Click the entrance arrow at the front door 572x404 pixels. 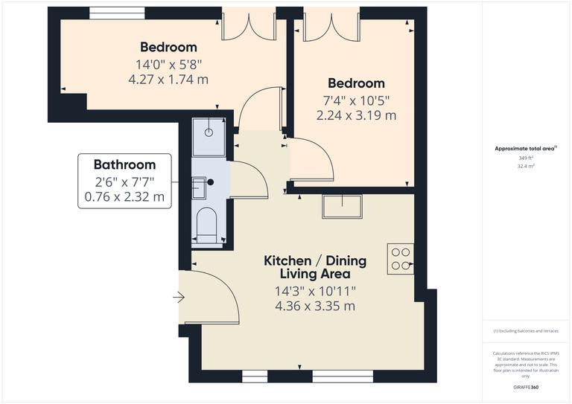179,298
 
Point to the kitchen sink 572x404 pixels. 342,206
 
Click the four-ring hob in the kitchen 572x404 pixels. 400,257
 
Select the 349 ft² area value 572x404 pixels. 527,158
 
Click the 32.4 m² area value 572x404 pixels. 527,167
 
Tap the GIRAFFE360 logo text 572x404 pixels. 527,388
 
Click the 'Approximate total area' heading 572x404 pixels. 526,149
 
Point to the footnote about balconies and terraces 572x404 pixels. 526,331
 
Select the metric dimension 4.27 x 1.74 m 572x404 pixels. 168,79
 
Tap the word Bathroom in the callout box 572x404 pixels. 124,165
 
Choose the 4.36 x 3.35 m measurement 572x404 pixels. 314,306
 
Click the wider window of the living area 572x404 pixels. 342,377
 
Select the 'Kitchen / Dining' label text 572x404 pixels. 315,260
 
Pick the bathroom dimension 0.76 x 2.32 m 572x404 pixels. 124,198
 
